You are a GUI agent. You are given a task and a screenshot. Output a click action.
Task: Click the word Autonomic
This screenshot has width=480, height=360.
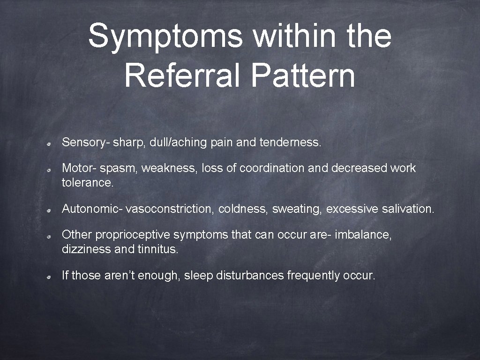pos(90,209)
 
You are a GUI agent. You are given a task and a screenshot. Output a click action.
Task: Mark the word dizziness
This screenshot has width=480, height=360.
pos(86,249)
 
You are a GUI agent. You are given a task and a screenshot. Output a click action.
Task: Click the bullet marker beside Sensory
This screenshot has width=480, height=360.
pos(49,143)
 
